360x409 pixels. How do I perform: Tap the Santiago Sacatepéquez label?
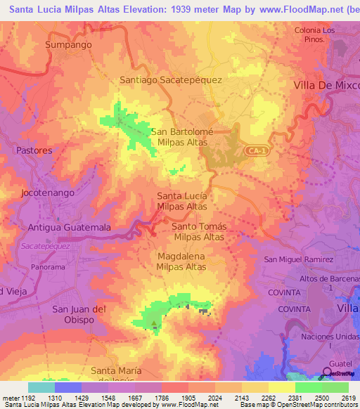click(171, 80)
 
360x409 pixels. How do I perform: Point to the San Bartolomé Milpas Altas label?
click(182, 136)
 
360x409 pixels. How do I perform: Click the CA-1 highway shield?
click(257, 150)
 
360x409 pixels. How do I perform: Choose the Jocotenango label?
click(46, 191)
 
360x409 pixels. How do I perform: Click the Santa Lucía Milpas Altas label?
click(182, 201)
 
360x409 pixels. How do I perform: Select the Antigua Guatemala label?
click(69, 228)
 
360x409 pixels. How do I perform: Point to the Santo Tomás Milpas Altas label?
click(199, 231)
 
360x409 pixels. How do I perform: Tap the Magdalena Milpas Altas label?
click(182, 262)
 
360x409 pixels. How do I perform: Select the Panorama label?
click(49, 267)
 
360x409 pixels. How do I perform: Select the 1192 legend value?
click(27, 397)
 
